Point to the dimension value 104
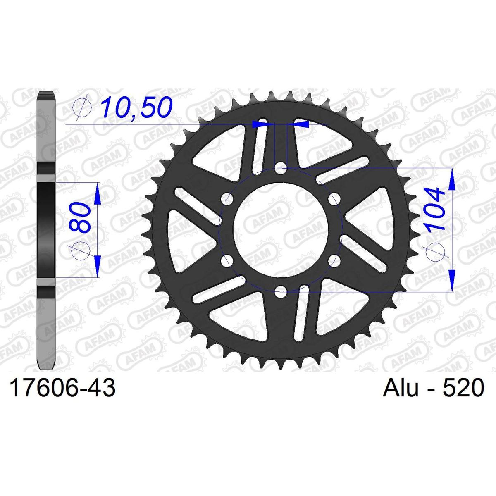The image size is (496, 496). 435,209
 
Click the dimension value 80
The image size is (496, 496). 80,217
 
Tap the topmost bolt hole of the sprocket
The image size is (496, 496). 281,169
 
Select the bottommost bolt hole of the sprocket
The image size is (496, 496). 281,292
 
